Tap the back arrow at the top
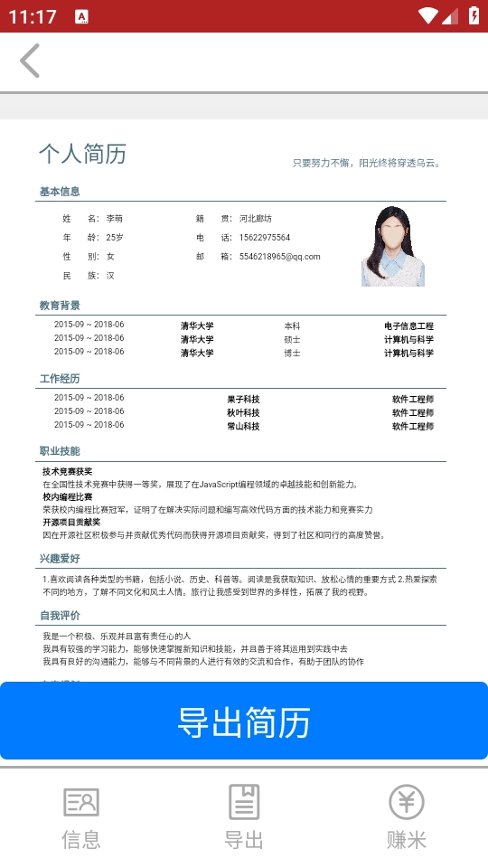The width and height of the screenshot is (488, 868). [x=30, y=61]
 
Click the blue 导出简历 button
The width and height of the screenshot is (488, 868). [x=244, y=722]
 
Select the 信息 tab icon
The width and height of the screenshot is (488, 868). [x=81, y=802]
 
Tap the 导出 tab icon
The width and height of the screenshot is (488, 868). [x=244, y=802]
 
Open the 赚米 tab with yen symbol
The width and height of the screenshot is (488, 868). [x=407, y=802]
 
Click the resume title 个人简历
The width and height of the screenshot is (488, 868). [x=82, y=154]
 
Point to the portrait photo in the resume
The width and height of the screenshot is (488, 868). [x=393, y=247]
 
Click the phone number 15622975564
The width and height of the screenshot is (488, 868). [x=265, y=238]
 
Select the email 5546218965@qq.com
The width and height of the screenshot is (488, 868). [x=280, y=257]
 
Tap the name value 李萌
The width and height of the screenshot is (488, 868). [x=115, y=219]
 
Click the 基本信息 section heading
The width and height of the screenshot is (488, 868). [x=60, y=192]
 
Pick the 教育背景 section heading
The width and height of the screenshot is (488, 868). [x=60, y=306]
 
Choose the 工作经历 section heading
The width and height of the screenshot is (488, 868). [x=60, y=379]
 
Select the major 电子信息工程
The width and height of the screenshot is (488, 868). [x=408, y=325]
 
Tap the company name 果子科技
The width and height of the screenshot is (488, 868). [x=243, y=399]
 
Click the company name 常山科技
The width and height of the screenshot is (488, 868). [x=243, y=426]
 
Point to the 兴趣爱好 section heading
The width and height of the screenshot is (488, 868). [x=60, y=559]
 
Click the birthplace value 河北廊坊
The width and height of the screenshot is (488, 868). [x=256, y=219]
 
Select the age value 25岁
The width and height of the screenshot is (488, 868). [x=115, y=238]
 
